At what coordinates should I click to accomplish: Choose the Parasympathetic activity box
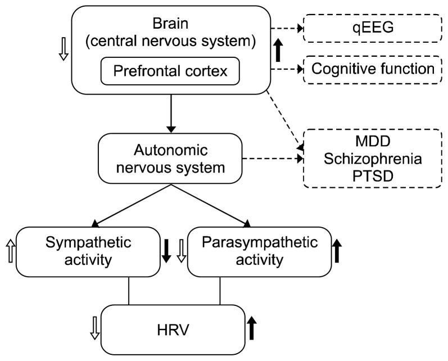259,251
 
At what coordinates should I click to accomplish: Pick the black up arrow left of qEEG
278,50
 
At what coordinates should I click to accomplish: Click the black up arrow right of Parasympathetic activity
337,251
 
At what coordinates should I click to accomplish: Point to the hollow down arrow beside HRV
94,330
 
